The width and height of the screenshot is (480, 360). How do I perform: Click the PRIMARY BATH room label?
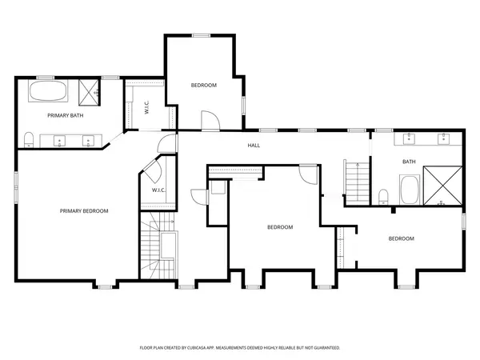tap(66, 115)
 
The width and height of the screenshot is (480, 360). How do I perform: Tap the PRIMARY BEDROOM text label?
tap(84, 211)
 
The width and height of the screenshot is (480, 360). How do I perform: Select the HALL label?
tap(254, 146)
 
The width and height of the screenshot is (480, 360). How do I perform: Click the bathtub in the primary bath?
tap(48, 90)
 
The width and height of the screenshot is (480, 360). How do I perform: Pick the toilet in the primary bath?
tap(29, 140)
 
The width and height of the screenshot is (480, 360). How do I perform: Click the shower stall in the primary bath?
tap(89, 93)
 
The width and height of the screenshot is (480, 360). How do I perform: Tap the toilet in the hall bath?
tap(383, 197)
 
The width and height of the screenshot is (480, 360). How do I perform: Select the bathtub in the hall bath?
tap(410, 190)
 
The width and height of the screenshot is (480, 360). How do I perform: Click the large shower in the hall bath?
tap(442, 186)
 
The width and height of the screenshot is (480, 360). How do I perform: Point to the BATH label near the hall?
tap(409, 162)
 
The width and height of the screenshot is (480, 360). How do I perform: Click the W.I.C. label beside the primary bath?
tap(146, 107)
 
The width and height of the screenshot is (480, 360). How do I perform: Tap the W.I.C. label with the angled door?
tap(158, 190)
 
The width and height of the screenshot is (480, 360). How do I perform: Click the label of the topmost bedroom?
tap(204, 85)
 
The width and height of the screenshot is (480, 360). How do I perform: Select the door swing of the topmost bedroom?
tap(210, 120)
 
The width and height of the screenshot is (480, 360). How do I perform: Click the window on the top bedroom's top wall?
tap(201, 35)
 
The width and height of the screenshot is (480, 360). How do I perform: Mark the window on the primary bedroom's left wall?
tap(16, 187)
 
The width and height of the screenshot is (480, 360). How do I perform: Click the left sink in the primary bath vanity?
tap(59, 141)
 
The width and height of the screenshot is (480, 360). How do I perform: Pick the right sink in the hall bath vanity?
tap(443, 138)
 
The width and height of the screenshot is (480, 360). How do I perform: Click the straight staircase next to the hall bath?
tap(357, 182)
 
